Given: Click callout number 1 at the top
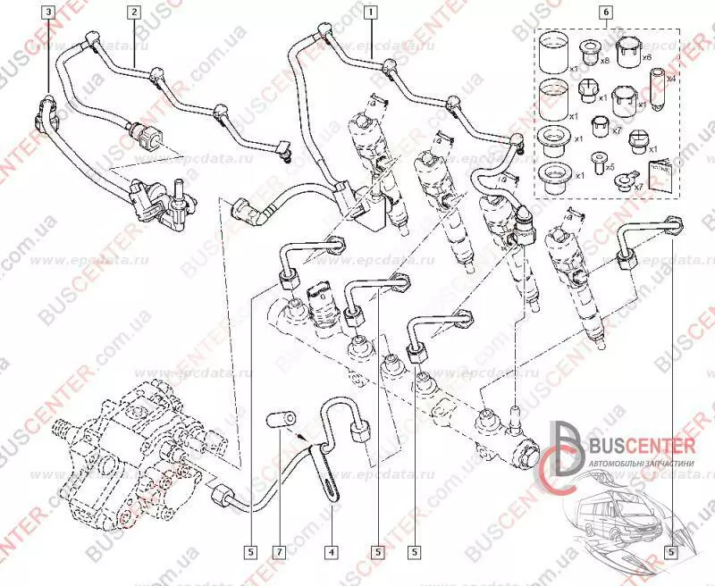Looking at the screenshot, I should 370,12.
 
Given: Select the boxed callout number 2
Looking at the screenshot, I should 133,12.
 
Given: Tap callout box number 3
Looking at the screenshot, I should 48,12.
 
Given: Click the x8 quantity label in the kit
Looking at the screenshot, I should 605,61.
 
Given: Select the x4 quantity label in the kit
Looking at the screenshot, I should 670,79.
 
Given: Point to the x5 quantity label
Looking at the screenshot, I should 610,167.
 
